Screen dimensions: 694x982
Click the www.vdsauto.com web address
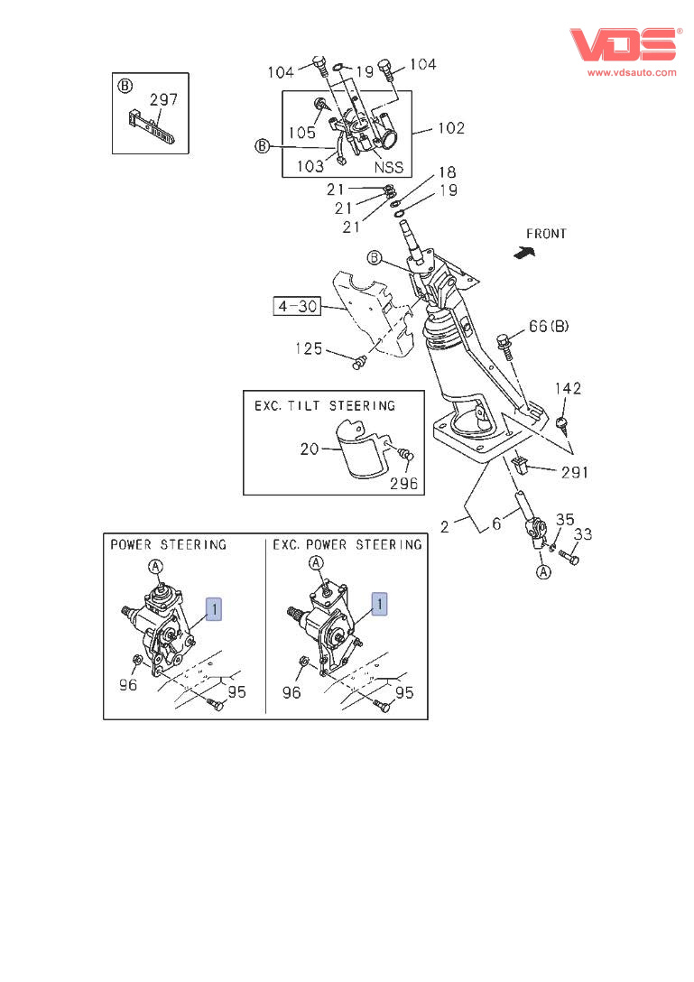(x=632, y=72)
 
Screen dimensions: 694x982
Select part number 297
(x=163, y=99)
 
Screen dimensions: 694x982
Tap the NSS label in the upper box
(x=388, y=167)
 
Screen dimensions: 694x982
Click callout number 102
(x=451, y=128)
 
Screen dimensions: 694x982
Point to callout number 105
(x=301, y=132)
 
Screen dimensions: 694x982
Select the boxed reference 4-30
(x=298, y=306)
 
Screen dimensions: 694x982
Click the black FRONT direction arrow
(x=524, y=253)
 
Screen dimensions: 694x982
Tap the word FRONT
(x=546, y=234)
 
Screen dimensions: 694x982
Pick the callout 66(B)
(x=549, y=326)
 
